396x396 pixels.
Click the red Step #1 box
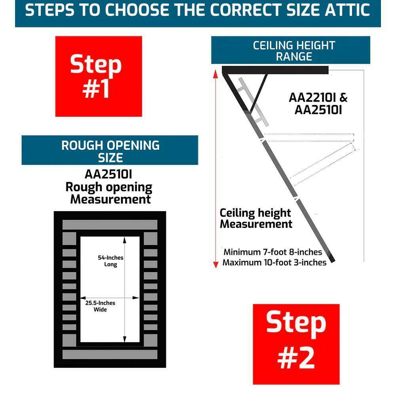point(99,76)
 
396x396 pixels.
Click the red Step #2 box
point(296,344)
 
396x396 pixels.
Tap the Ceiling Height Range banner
point(291,50)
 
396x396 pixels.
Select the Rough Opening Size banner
point(110,150)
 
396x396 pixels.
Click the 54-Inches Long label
point(110,261)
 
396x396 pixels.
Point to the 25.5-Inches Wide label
point(100,306)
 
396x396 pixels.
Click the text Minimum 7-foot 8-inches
point(273,252)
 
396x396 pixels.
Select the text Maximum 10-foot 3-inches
point(274,263)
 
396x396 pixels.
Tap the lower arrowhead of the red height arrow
point(216,265)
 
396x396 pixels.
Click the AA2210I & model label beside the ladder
point(318,97)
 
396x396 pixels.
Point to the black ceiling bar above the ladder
point(275,70)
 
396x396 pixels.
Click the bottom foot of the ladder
point(332,259)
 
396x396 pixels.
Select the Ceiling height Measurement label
point(256,219)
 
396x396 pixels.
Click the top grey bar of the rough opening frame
point(110,225)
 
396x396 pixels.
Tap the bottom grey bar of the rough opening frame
point(110,354)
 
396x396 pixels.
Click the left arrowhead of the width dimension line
point(83,298)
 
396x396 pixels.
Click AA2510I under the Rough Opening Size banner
point(109,174)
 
